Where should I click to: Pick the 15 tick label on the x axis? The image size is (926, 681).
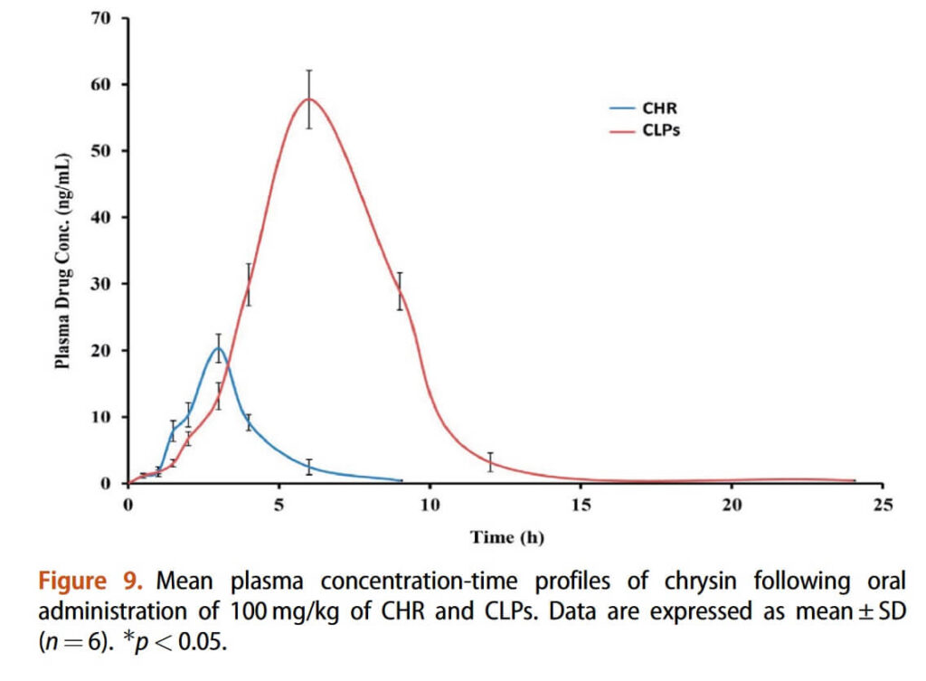pyautogui.click(x=581, y=505)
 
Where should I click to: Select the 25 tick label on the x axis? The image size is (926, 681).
pyautogui.click(x=883, y=505)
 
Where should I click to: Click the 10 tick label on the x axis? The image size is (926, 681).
pyautogui.click(x=430, y=505)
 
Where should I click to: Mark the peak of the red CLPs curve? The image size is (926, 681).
pyautogui.click(x=308, y=99)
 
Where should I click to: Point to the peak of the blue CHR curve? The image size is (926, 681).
pyautogui.click(x=218, y=348)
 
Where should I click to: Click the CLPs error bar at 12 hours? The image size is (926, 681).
pyautogui.click(x=490, y=461)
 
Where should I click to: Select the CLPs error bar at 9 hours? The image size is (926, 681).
pyautogui.click(x=400, y=291)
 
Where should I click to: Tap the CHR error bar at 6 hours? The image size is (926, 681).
pyautogui.click(x=308, y=467)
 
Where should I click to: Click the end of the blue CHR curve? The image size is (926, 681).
pyautogui.click(x=401, y=480)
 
